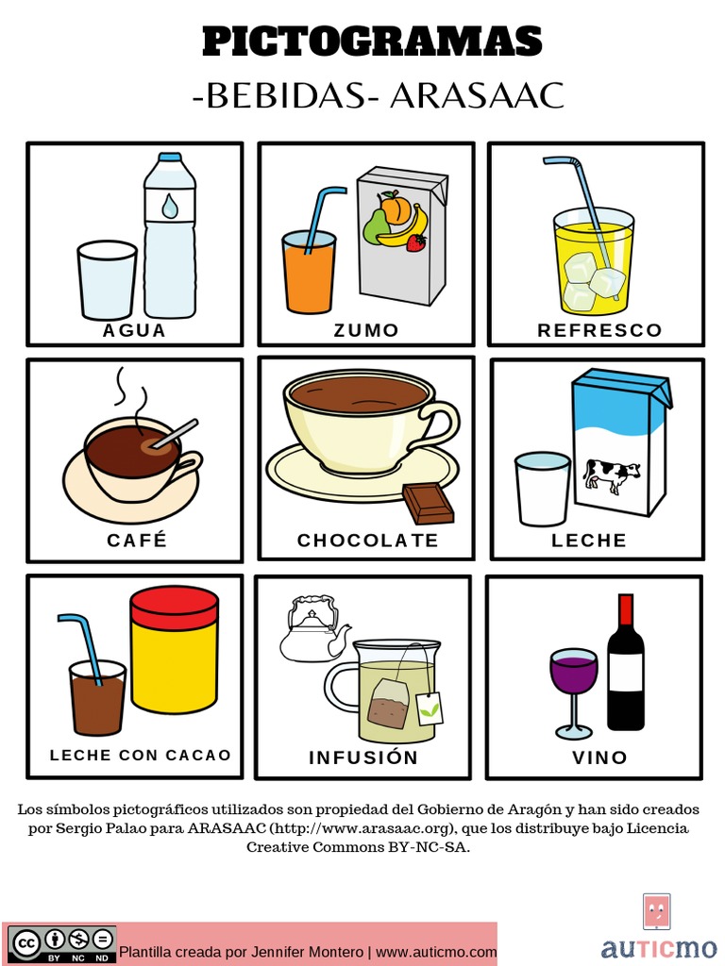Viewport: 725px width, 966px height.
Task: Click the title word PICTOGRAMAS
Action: click(372, 42)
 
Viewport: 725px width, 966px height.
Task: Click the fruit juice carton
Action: click(401, 236)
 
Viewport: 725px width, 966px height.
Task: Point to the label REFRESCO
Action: click(599, 330)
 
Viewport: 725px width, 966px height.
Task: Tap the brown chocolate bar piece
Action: click(428, 503)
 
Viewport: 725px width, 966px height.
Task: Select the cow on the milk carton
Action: click(611, 475)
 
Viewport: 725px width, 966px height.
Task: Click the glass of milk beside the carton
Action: click(543, 489)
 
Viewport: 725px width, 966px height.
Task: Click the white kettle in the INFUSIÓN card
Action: click(312, 630)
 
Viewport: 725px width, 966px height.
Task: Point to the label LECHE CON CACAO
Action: click(140, 755)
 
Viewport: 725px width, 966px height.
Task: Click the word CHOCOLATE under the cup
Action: click(368, 541)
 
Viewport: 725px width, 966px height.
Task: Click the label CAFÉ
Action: click(137, 540)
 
